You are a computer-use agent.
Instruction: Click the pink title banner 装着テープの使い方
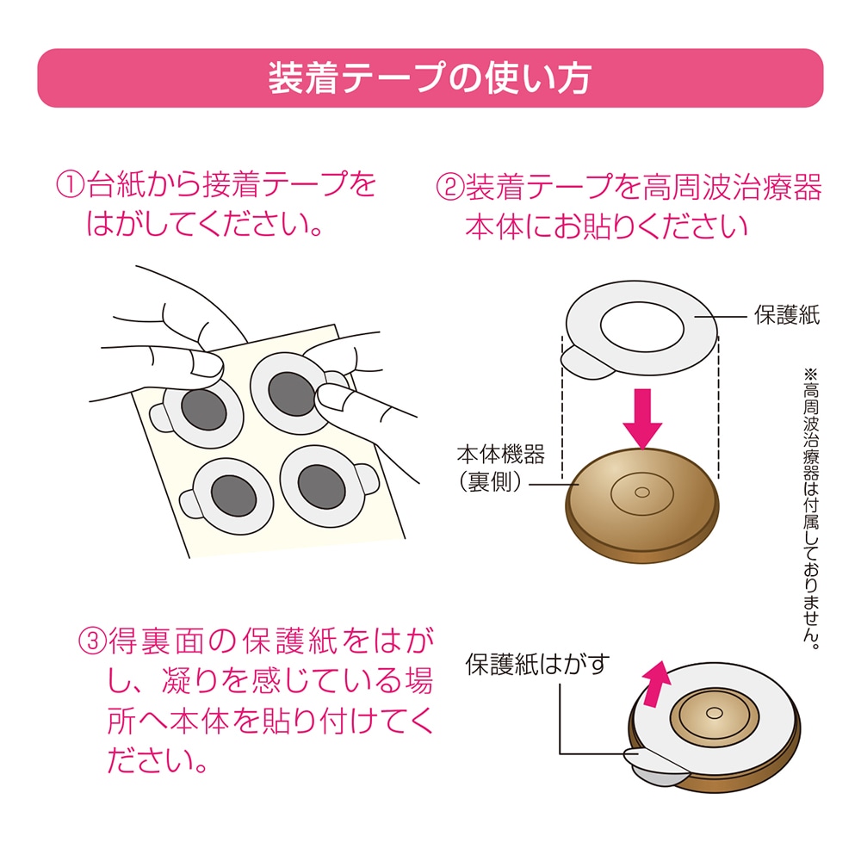430,78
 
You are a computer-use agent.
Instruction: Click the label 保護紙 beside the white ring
787,316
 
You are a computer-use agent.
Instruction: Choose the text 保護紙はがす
538,665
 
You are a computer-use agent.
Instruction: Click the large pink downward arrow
641,418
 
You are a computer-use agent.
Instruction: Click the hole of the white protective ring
641,328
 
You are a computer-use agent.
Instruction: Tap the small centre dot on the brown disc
641,492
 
